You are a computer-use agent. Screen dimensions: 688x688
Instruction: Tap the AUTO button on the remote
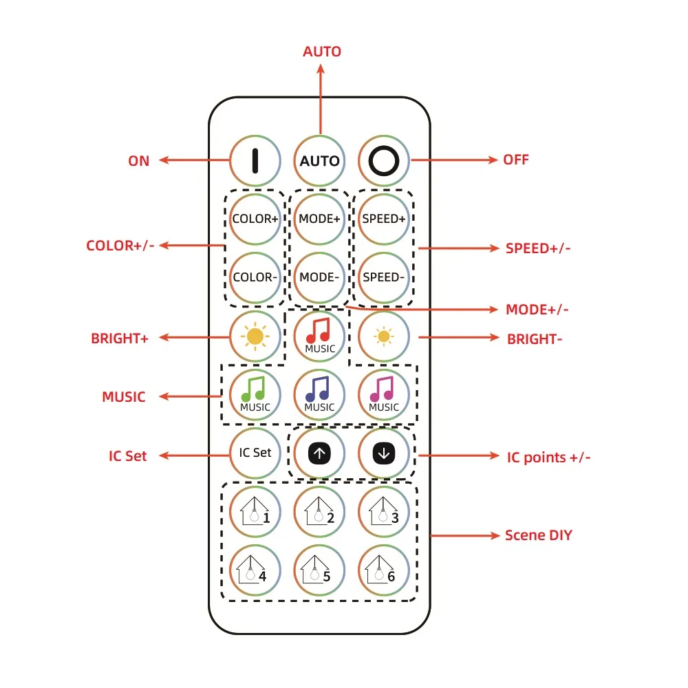(319, 160)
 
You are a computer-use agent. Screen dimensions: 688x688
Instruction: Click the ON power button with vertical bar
(255, 160)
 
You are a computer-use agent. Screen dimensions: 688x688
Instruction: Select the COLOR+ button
(255, 219)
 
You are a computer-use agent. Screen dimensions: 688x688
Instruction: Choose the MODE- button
(319, 277)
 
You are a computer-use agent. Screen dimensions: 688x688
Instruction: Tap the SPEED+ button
(384, 219)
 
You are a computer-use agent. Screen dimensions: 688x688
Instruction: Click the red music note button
(319, 336)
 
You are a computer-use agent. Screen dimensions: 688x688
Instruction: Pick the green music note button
(255, 394)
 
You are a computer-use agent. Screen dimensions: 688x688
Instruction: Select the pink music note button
(384, 394)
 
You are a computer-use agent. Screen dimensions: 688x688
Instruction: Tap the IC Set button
(255, 453)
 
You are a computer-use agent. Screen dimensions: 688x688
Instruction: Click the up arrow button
(319, 453)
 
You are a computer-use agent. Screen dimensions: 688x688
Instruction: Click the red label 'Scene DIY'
(538, 535)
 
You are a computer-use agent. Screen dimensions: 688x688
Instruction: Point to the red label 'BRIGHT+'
(120, 338)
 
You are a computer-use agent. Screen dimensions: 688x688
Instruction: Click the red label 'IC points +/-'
(548, 456)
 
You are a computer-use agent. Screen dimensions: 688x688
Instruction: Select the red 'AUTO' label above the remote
(322, 52)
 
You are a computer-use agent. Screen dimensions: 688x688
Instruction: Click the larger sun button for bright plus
(255, 336)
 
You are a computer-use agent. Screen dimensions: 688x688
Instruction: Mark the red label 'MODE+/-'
(537, 310)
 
